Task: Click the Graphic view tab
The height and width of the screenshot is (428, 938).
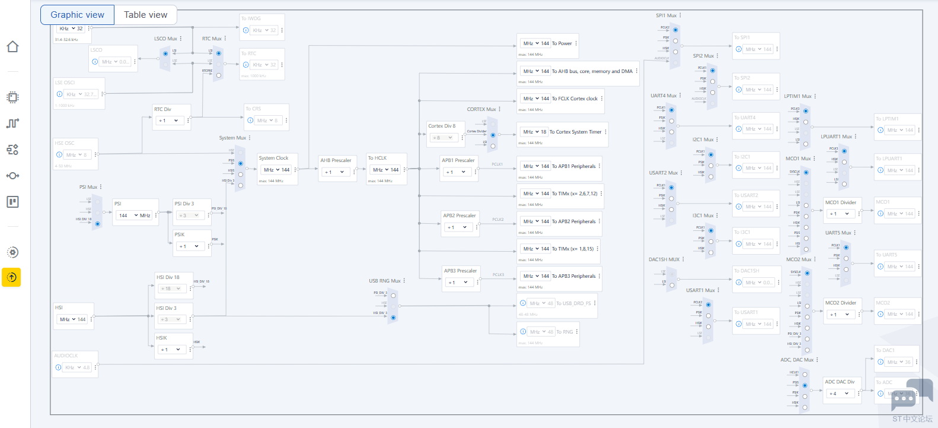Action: (77, 15)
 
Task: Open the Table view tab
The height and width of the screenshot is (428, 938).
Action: (145, 15)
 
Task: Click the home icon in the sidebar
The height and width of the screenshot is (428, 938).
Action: (12, 47)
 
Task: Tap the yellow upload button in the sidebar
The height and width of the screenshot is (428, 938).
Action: (12, 277)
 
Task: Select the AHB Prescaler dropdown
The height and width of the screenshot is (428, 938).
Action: (335, 172)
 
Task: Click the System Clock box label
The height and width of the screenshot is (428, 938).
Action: (273, 158)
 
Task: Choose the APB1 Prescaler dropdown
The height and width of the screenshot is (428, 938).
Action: (458, 172)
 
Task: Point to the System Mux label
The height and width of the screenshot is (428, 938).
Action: (232, 138)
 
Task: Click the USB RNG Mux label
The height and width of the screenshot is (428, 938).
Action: (385, 281)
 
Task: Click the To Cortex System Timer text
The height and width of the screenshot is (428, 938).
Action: (575, 132)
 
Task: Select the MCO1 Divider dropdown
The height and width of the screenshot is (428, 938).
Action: (841, 214)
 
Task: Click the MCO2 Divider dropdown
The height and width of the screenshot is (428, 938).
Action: (841, 315)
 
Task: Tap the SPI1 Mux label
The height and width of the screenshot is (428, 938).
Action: (666, 15)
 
